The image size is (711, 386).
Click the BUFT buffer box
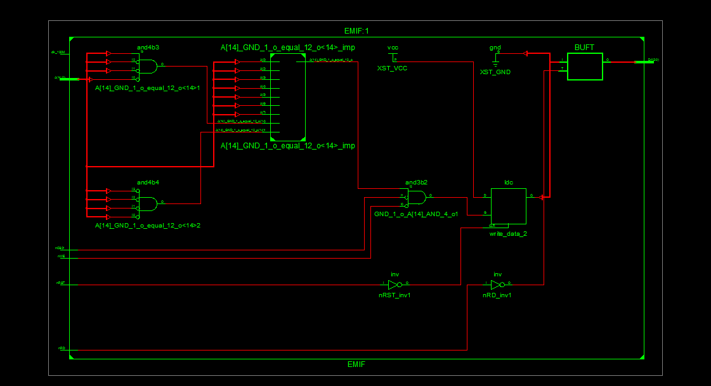585,67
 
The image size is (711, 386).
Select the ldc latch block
508,206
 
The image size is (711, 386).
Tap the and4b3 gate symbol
148,65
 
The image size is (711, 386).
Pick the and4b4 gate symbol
148,203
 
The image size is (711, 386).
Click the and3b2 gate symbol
417,198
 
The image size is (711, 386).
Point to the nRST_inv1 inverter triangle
395,285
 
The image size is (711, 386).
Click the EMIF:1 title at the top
356,30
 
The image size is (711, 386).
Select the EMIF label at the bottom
356,364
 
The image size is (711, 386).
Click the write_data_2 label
508,234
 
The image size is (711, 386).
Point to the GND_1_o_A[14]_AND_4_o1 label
416,214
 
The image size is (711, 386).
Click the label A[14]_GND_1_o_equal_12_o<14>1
147,87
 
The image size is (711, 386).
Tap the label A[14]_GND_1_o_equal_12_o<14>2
147,225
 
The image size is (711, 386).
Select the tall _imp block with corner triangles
287,97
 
